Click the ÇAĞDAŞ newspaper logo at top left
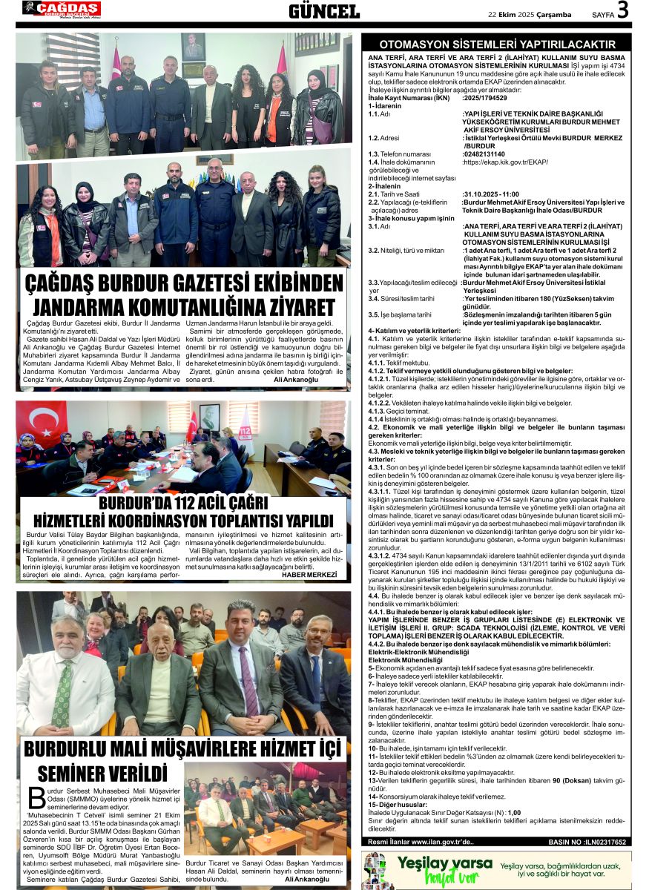click(x=62, y=10)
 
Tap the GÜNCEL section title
click(x=324, y=11)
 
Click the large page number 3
click(x=622, y=11)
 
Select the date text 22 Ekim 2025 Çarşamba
click(x=529, y=14)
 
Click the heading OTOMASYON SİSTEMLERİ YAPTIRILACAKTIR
click(x=497, y=44)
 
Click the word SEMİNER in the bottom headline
click(x=80, y=774)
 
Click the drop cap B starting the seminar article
click(x=36, y=797)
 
